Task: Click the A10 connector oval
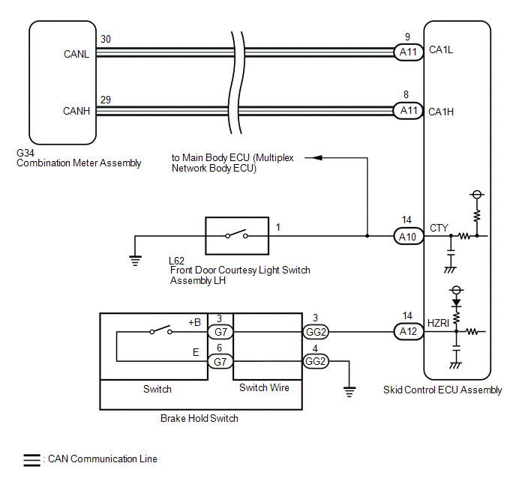(x=409, y=236)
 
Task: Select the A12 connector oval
(x=409, y=331)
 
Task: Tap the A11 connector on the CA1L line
(x=409, y=52)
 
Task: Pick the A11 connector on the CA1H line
(x=409, y=111)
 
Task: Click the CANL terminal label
(x=76, y=54)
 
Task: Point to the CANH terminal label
(x=76, y=111)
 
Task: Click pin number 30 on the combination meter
(x=106, y=39)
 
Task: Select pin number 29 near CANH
(x=106, y=100)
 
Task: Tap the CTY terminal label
(x=439, y=228)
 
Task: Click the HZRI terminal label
(x=438, y=323)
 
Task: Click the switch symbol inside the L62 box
(x=236, y=235)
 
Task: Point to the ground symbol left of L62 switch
(x=135, y=261)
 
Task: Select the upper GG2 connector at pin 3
(x=316, y=332)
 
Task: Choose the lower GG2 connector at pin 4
(x=316, y=362)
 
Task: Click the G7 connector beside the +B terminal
(x=220, y=332)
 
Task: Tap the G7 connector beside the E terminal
(x=220, y=362)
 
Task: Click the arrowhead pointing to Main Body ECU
(x=316, y=158)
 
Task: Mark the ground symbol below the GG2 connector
(x=349, y=392)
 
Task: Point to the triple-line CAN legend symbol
(x=32, y=460)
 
